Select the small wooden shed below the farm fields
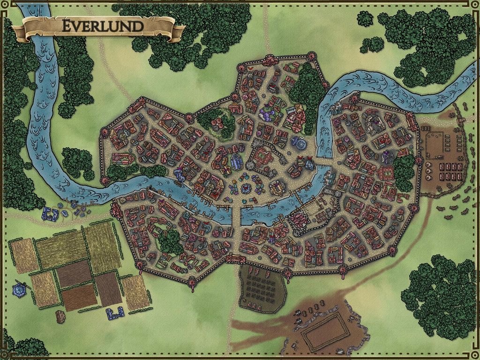click(x=60, y=316)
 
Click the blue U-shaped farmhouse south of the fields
click(x=114, y=313)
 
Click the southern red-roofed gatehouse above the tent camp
click(x=234, y=258)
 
